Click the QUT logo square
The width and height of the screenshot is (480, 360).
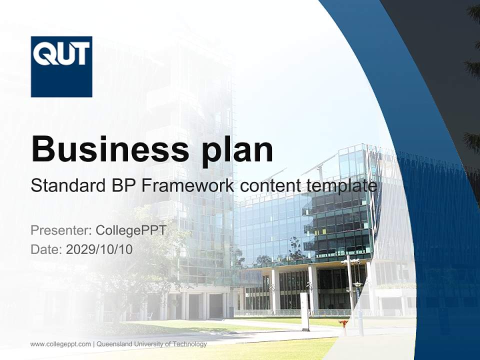[61, 66]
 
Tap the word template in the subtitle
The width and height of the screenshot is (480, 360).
[341, 185]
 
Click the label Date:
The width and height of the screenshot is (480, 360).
[46, 249]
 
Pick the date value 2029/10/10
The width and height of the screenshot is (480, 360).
[99, 249]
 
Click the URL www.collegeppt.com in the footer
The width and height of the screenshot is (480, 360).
[60, 344]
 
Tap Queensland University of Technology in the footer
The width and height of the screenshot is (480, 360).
[151, 344]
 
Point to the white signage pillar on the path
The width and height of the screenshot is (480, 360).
[304, 311]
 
